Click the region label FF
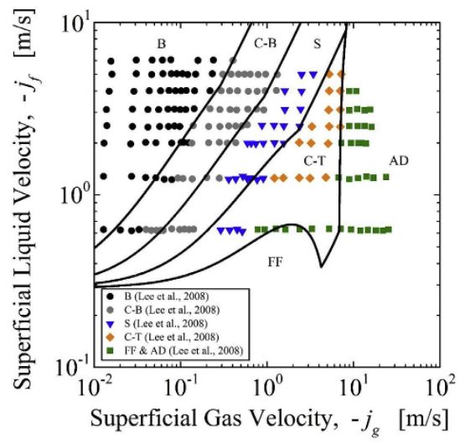click(275, 262)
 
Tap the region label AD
click(399, 161)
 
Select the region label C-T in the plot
click(314, 161)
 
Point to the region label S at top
click(317, 44)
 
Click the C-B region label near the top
click(266, 44)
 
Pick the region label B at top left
click(161, 44)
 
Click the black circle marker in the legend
click(111, 296)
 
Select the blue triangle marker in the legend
click(111, 324)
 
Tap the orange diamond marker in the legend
click(111, 337)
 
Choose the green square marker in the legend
click(111, 350)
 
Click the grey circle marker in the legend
click(111, 310)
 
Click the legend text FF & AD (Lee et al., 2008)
click(183, 350)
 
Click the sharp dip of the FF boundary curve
click(321, 266)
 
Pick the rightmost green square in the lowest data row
click(389, 229)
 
